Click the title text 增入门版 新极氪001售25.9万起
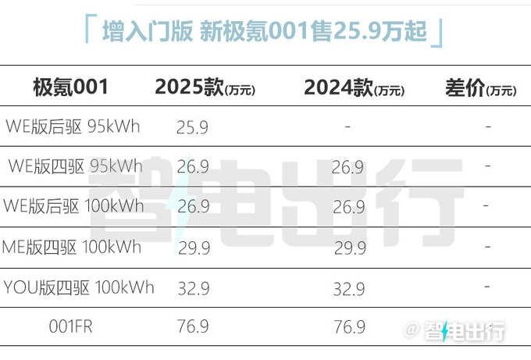coord(265,31)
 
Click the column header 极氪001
coord(69,87)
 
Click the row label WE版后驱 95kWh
coord(73,126)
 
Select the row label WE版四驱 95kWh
coord(75,166)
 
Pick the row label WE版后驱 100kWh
coord(74,206)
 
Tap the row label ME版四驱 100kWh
coord(73,248)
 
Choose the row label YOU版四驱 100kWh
coord(77,287)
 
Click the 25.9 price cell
coord(192,127)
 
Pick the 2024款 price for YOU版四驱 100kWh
coord(348,289)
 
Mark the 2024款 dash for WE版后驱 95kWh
coord(347,127)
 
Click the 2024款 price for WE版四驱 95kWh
coord(348,167)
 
